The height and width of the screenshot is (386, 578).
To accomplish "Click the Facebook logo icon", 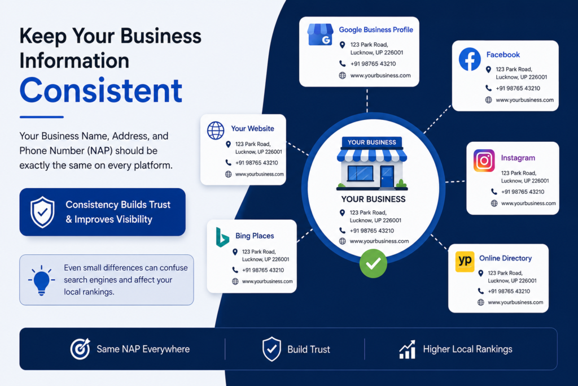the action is [x=470, y=59].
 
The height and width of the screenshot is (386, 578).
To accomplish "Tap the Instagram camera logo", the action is [x=484, y=161].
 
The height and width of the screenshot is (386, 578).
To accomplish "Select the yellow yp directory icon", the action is [x=465, y=262].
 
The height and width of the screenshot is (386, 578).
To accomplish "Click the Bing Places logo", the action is [x=222, y=237].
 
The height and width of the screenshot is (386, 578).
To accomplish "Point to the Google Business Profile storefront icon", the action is [x=321, y=34].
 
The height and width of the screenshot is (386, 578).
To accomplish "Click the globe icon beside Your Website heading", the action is [x=216, y=130].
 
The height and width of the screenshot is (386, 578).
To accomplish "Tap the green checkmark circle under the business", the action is [x=373, y=263].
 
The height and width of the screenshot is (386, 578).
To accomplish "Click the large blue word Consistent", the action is [x=101, y=90].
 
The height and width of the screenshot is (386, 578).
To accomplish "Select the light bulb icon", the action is [x=41, y=280].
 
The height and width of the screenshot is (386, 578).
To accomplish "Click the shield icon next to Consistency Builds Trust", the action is [x=42, y=212].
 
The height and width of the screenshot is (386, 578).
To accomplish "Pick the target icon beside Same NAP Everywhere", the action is [x=80, y=349].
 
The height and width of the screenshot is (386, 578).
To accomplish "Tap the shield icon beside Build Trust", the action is [x=272, y=349].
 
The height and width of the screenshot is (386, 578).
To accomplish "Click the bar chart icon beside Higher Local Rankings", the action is [x=408, y=349].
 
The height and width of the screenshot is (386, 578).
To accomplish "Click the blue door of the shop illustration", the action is [x=387, y=176].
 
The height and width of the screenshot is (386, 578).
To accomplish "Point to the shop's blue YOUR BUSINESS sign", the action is [x=372, y=142].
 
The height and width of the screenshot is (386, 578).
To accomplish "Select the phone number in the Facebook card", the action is [x=518, y=88].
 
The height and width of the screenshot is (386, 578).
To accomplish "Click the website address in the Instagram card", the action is [x=528, y=203].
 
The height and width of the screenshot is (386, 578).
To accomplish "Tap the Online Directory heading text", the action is [x=505, y=258].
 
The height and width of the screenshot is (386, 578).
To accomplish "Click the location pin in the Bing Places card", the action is [x=235, y=252].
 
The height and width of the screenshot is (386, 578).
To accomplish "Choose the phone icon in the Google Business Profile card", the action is [x=343, y=63].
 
